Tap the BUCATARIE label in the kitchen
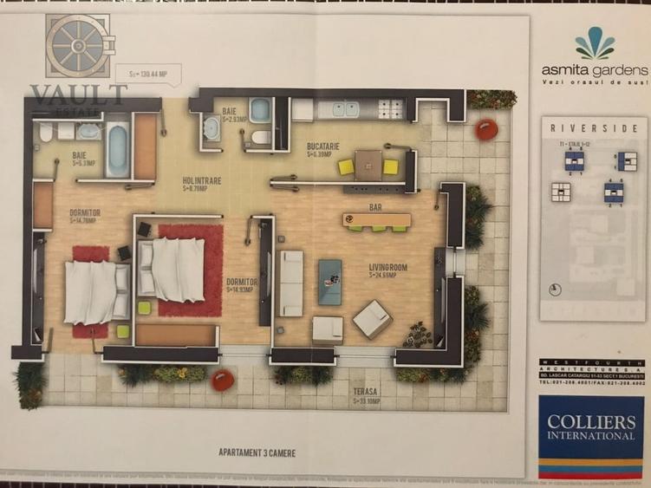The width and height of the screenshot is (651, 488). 322,146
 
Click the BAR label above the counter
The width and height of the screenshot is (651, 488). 375,209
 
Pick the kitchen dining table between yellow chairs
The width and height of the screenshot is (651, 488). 368,164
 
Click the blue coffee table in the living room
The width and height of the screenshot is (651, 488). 329,281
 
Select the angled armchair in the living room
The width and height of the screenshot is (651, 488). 373,318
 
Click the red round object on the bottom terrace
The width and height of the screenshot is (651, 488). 223,379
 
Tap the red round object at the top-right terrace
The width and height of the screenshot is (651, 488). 486,130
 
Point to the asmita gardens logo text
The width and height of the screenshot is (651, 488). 595,69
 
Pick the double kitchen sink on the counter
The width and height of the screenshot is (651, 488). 342,109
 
